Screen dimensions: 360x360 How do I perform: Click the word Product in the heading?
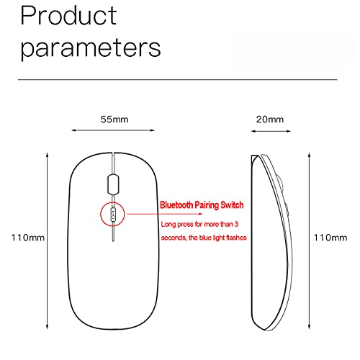point(68,15)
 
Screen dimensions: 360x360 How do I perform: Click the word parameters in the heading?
point(91,49)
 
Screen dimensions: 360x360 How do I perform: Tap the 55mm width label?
point(114,120)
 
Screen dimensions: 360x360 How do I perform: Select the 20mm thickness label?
point(270,120)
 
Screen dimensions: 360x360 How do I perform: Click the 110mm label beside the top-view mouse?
point(28,238)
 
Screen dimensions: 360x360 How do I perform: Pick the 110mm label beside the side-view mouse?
point(330,238)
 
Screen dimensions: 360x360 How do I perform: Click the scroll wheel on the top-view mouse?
point(113,184)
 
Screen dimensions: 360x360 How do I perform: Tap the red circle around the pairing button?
point(101,214)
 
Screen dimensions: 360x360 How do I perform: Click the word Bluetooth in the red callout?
point(176,205)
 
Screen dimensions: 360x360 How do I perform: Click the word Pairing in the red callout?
point(207,205)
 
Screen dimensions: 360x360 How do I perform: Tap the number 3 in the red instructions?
point(236,224)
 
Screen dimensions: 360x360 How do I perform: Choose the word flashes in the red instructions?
point(236,238)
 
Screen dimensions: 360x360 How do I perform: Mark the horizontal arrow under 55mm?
point(113,130)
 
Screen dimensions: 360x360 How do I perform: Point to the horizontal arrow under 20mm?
point(271,131)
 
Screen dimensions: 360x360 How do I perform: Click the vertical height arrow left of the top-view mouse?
point(48,240)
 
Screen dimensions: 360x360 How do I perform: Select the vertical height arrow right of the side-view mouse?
point(310,240)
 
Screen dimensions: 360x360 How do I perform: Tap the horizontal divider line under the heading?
point(178,79)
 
